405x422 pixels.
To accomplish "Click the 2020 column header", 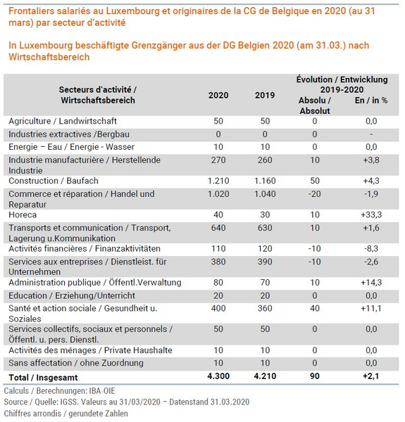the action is click(218, 95).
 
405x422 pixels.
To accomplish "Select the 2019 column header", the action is click(265, 95).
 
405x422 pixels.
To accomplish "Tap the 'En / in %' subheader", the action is click(371, 101).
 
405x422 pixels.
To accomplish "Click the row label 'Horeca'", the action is click(23, 215).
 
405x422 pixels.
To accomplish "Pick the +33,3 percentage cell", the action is click(371, 215).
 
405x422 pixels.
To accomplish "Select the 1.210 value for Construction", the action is click(218, 181).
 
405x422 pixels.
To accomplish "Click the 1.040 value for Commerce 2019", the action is click(265, 194).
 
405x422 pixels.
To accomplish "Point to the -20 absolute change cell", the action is click(314, 194).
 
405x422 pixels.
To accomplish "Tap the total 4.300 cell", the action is click(218, 376).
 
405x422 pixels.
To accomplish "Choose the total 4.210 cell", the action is click(265, 376).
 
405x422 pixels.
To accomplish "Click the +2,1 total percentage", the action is click(371, 376).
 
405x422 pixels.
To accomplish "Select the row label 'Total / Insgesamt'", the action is click(43, 378).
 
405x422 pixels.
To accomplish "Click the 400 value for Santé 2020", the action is click(218, 308).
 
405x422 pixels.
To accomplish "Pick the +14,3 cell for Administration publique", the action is click(371, 282).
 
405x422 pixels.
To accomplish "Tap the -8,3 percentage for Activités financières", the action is click(371, 248).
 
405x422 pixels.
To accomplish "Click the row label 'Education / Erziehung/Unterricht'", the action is click(72, 295).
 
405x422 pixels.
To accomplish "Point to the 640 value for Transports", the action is click(218, 228).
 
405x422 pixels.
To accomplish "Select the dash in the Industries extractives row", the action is click(371, 134).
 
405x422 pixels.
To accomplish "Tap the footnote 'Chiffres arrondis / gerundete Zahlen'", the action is click(66, 414).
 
